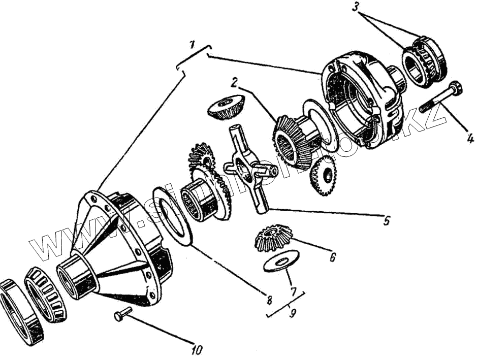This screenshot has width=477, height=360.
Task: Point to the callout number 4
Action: [470, 138]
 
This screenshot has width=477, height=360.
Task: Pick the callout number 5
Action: [387, 221]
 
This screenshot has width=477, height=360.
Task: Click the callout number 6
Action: [333, 257]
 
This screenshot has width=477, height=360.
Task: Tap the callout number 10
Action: [197, 350]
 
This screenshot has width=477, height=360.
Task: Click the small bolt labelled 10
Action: [122, 313]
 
